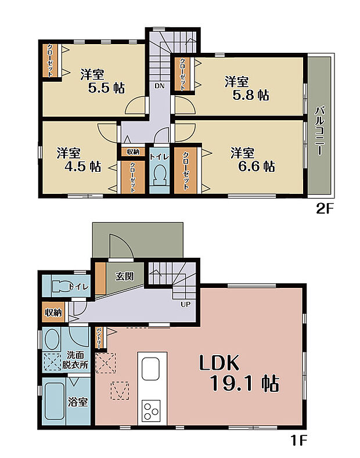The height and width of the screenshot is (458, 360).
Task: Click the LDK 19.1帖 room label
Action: tap(239, 373)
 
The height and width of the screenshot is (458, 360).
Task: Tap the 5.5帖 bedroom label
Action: tap(103, 81)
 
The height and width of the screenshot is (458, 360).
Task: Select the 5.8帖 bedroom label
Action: tap(247, 88)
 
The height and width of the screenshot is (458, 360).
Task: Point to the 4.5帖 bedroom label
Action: tap(79, 160)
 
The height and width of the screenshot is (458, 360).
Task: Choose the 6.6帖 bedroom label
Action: tap(253, 160)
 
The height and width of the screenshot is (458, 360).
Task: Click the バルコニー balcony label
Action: tap(319, 131)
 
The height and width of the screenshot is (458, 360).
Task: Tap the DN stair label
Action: tap(160, 86)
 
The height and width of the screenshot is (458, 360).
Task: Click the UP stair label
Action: tap(186, 304)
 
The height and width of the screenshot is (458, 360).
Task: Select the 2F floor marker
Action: tap(325, 209)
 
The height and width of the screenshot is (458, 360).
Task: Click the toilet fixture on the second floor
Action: tap(160, 175)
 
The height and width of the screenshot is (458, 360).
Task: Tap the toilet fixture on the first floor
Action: tap(62, 286)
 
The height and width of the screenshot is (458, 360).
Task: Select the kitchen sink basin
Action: tap(151, 369)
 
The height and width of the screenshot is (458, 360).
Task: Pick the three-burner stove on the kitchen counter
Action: tap(151, 410)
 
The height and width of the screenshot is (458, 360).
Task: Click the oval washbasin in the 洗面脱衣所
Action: tap(52, 339)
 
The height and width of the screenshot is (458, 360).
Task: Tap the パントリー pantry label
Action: tap(99, 338)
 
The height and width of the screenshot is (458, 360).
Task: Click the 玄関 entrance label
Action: tap(124, 276)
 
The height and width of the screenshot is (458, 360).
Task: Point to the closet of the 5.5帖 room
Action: tap(51, 60)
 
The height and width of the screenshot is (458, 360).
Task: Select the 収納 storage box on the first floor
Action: tap(53, 312)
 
